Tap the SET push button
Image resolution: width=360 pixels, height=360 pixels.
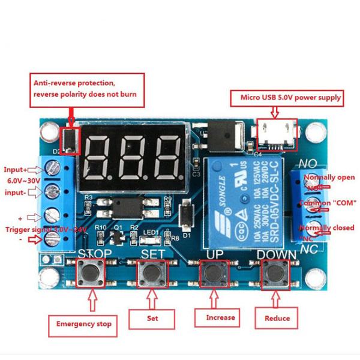pos(152,274)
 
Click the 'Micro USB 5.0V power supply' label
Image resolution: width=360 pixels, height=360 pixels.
pos(291,97)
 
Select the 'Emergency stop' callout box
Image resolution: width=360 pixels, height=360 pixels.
pos(83,323)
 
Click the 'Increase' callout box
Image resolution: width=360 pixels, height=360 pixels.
pos(220,317)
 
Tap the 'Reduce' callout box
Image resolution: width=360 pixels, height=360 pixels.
pos(277,318)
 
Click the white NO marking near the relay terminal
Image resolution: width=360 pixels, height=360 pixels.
pos(308,163)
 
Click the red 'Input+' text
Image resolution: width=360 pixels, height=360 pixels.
pos(16,170)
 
